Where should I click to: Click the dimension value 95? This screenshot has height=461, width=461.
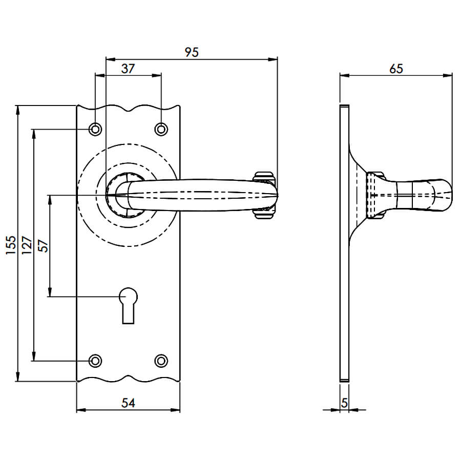click(x=192, y=52)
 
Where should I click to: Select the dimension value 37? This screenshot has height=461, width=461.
click(x=128, y=69)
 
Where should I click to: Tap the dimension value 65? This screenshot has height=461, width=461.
click(x=396, y=69)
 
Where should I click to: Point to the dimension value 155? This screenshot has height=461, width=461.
click(x=11, y=245)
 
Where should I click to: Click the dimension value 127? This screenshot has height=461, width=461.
click(x=27, y=245)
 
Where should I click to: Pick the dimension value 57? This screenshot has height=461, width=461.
click(x=43, y=246)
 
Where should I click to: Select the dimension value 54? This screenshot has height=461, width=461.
click(x=128, y=403)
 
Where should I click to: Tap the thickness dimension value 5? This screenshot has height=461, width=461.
click(x=345, y=403)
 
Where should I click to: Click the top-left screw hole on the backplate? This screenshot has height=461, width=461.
click(x=95, y=129)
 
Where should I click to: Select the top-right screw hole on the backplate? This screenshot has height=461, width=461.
click(x=161, y=129)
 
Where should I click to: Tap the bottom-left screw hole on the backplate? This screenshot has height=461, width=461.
click(x=95, y=361)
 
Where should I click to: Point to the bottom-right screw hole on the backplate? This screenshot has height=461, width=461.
click(x=161, y=361)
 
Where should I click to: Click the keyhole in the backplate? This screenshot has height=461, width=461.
click(x=128, y=306)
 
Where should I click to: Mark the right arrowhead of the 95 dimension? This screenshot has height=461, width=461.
click(x=273, y=59)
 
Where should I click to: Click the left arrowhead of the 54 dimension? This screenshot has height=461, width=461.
click(x=81, y=410)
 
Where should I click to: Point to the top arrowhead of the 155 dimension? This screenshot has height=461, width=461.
click(x=18, y=110)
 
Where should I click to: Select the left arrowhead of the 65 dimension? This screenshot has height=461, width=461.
click(x=345, y=76)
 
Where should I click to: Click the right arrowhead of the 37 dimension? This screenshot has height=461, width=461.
click(x=156, y=76)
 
